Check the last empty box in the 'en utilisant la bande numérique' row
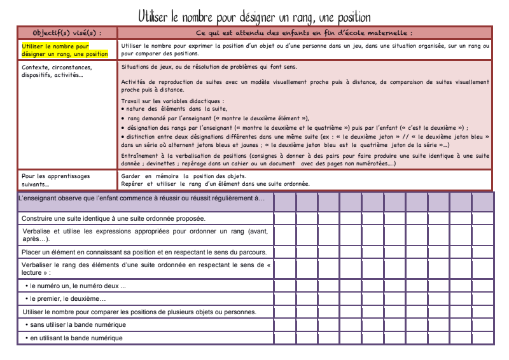click(x=482, y=337)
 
